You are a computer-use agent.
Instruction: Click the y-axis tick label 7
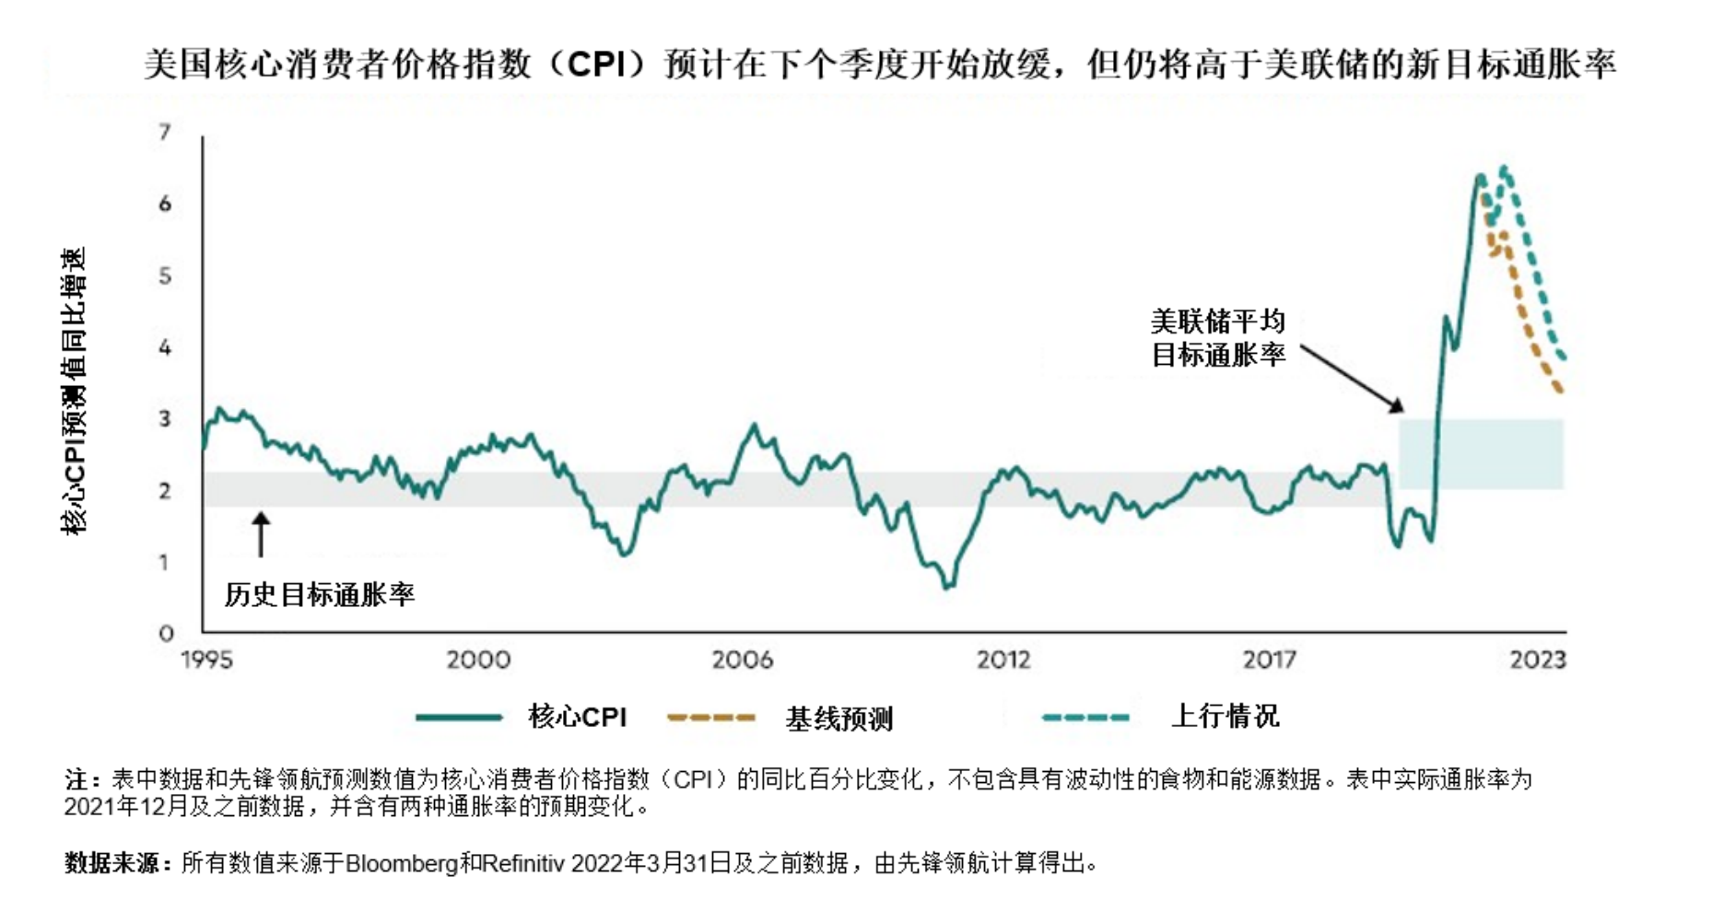coord(166,133)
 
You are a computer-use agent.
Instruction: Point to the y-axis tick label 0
coord(166,634)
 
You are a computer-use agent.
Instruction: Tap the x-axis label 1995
coord(207,660)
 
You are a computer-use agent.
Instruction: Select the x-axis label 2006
coord(743,660)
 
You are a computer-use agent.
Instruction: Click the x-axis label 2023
coord(1538,660)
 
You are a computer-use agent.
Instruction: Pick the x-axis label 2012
coord(1003,660)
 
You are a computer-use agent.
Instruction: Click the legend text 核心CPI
coord(578,717)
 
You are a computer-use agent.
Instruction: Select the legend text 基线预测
coord(838,719)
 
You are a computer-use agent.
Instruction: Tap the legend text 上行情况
coord(1225,716)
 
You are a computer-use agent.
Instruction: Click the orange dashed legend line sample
coord(711,718)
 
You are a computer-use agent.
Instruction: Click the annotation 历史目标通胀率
coord(320,595)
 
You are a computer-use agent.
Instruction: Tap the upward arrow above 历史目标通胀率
coord(262,534)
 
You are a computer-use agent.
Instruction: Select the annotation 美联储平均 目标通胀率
coord(1217,338)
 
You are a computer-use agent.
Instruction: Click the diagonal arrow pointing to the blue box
coord(1351,379)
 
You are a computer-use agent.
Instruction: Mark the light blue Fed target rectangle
coord(1481,454)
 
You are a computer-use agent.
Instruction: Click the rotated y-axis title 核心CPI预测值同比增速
coord(74,391)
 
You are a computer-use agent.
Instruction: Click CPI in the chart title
coord(597,64)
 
